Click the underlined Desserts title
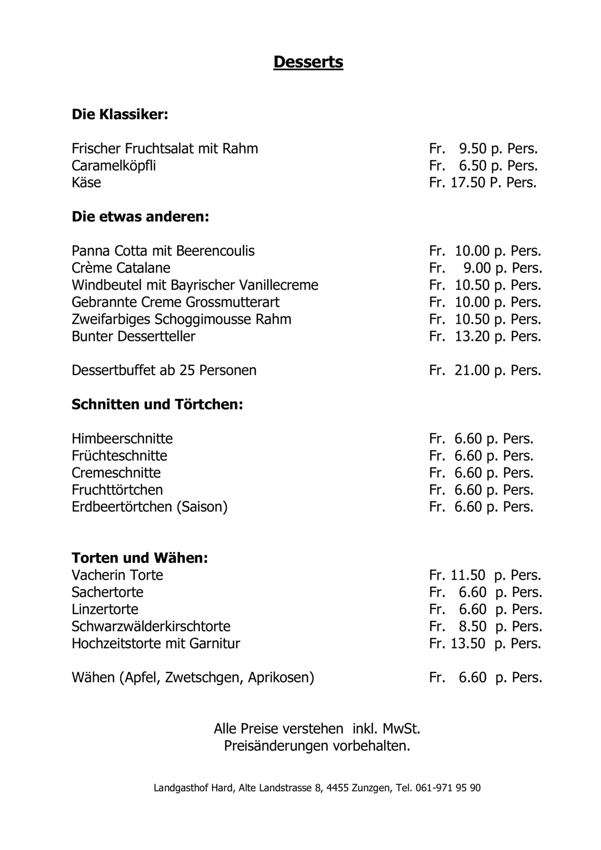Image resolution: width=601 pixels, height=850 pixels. (308, 62)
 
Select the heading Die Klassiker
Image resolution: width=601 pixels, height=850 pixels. (120, 115)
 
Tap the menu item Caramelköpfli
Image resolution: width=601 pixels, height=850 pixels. (114, 166)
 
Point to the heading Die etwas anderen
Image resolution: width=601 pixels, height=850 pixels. (140, 217)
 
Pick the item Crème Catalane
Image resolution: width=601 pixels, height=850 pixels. (121, 268)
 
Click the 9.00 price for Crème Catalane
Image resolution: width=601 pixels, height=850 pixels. (477, 268)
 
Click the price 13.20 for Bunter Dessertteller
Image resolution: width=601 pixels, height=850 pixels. (472, 336)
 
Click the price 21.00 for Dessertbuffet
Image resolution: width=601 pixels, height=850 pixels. (472, 370)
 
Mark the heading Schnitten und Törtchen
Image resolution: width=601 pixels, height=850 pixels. (157, 405)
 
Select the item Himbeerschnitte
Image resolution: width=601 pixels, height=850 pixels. (122, 439)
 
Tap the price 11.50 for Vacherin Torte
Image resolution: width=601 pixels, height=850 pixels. (468, 575)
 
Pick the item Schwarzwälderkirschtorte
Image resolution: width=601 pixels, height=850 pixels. (151, 627)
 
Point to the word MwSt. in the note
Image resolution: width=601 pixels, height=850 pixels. (401, 729)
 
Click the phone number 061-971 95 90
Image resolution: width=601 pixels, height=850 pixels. (448, 788)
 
